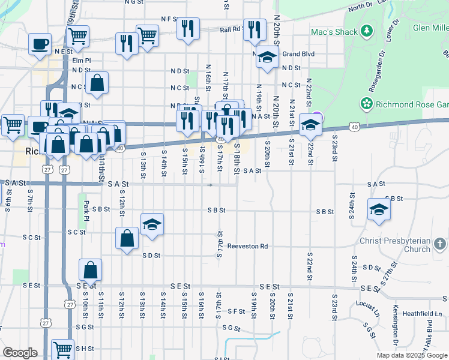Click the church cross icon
point(439,244)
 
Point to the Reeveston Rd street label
point(247,246)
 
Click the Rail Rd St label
point(231,28)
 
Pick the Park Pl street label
point(86,210)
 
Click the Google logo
point(20,353)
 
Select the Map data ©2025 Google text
point(412,355)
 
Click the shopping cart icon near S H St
point(62,349)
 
